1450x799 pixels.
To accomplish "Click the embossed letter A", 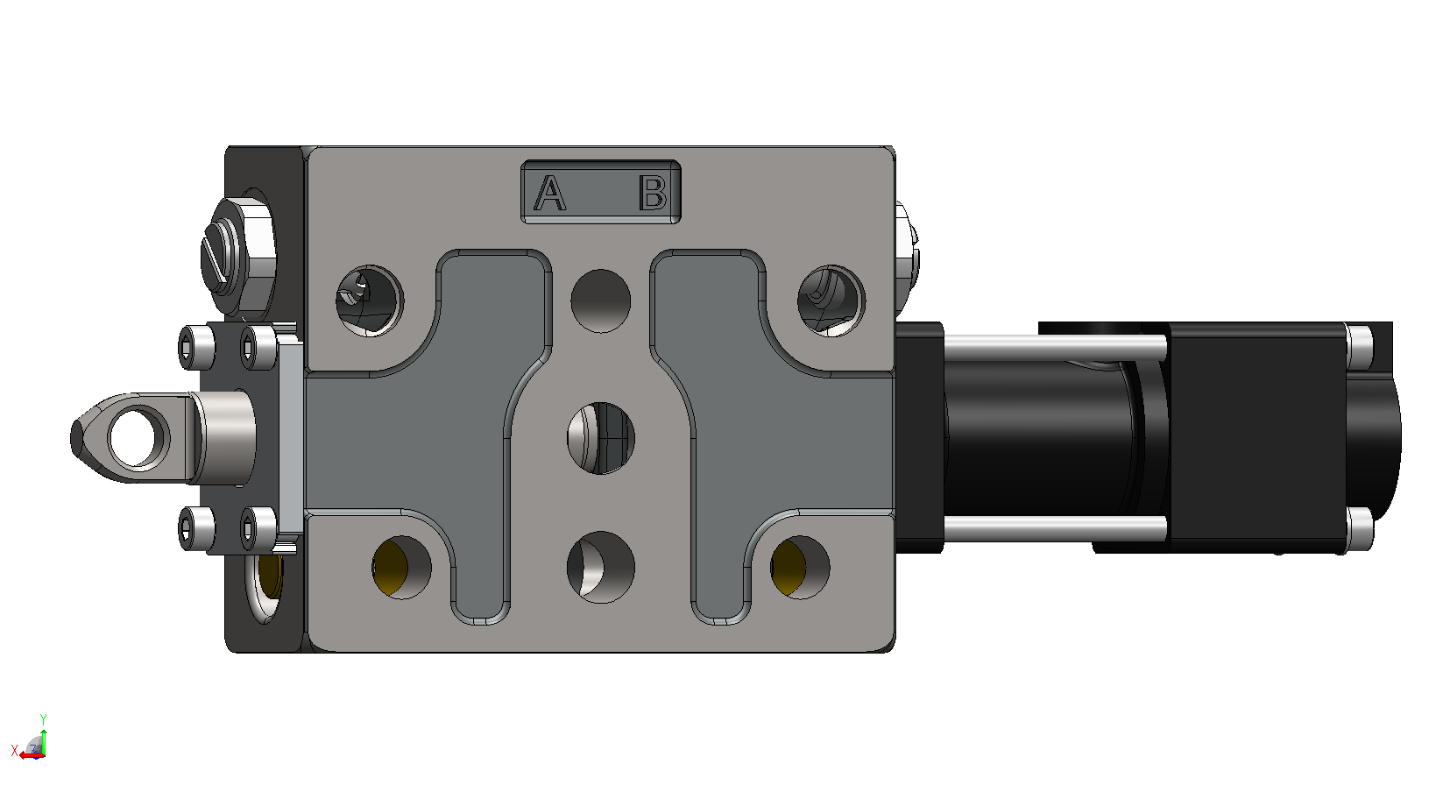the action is (x=549, y=193).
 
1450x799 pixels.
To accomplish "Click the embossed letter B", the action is (x=653, y=193).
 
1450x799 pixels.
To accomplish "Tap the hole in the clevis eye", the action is (x=137, y=438).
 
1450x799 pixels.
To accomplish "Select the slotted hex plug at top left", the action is (x=237, y=257).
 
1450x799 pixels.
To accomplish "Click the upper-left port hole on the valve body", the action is (x=370, y=301).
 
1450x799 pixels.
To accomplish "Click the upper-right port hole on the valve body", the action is (x=831, y=301).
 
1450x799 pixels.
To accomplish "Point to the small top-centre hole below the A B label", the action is (x=601, y=301).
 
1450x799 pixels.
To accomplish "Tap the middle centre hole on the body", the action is (x=601, y=438).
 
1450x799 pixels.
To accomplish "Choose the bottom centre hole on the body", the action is (x=601, y=567).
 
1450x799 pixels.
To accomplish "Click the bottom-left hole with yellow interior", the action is (x=402, y=567).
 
